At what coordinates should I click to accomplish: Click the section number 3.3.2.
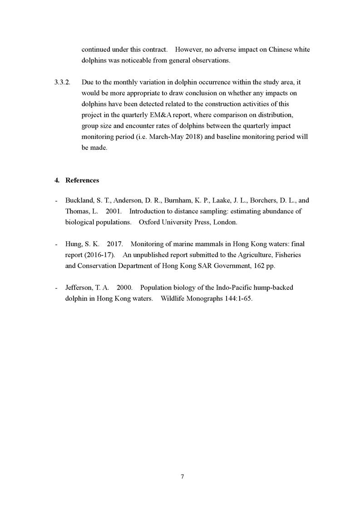[62, 82]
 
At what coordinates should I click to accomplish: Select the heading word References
[82, 180]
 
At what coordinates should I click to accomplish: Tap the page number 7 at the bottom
[182, 476]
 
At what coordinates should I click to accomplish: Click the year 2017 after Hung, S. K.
[115, 244]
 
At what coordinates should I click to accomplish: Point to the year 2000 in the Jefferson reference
[124, 287]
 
